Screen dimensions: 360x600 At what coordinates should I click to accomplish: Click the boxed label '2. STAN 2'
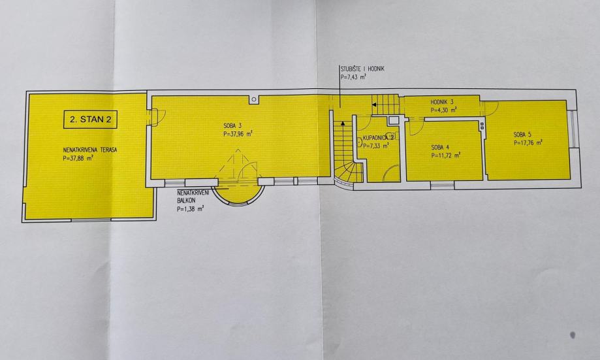pyautogui.click(x=89, y=120)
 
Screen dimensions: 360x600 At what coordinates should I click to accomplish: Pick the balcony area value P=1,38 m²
pyautogui.click(x=191, y=208)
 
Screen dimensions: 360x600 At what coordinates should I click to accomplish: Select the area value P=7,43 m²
pyautogui.click(x=353, y=77)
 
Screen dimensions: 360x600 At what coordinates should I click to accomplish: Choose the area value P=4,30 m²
pyautogui.click(x=444, y=110)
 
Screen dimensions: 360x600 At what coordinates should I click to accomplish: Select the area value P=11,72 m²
pyautogui.click(x=446, y=155)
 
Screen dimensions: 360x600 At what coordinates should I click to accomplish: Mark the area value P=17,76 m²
pyautogui.click(x=528, y=142)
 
